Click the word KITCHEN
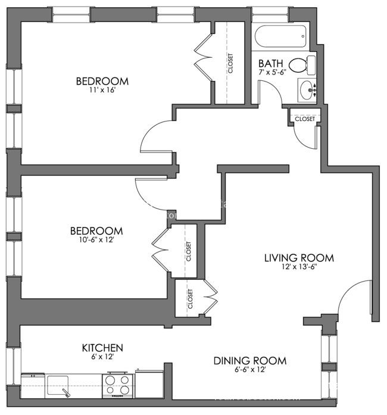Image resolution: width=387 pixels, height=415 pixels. pos(102,348)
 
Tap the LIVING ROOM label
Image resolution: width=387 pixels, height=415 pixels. pos(299,258)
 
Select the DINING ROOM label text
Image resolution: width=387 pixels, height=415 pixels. pos(250,360)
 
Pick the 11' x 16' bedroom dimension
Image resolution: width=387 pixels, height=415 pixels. pos(102,91)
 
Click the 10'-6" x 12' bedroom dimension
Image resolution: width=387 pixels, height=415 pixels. pos(96,241)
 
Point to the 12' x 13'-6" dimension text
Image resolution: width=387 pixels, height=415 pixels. pos(299,267)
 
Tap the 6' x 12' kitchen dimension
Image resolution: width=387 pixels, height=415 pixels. pos(102,357)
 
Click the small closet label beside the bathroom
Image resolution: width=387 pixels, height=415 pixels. pos(305,118)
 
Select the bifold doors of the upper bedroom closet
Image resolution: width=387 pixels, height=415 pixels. pos(204,57)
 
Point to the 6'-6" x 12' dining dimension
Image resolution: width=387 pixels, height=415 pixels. pos(250,370)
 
